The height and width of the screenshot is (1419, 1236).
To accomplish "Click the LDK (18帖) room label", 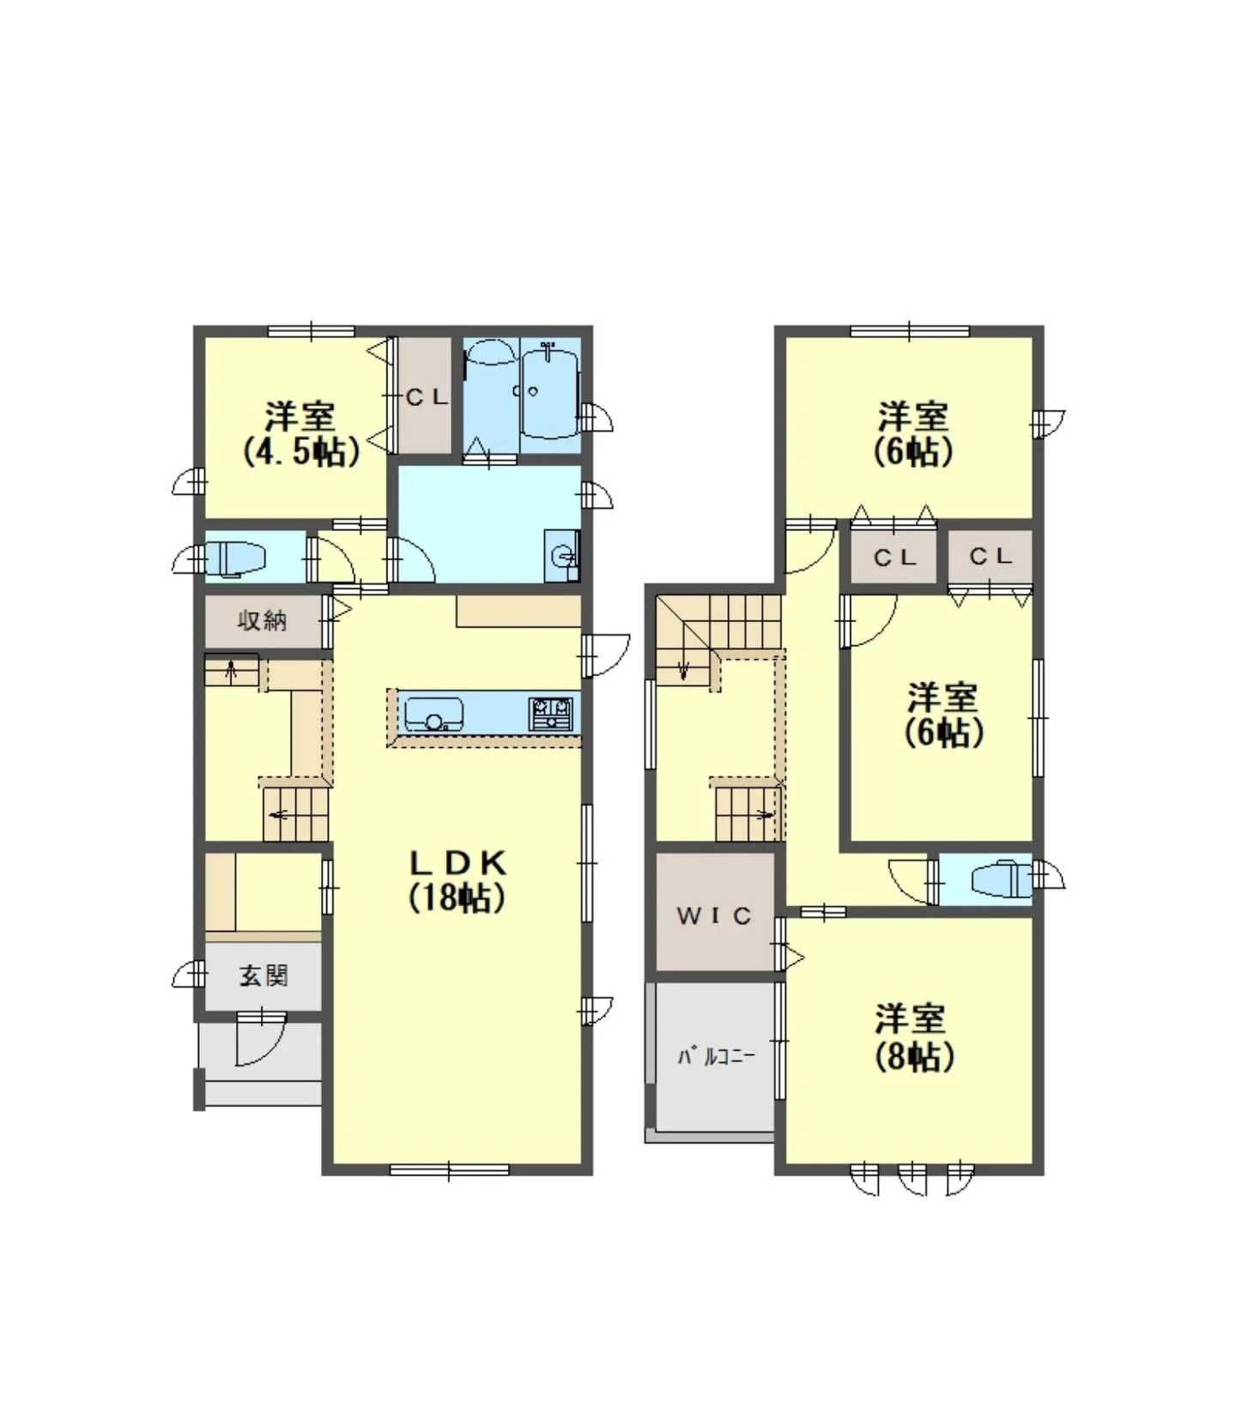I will [457, 880].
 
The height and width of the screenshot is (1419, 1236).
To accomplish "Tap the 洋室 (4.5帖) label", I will [300, 434].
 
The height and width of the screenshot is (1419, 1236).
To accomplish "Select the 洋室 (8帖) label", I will [912, 1037].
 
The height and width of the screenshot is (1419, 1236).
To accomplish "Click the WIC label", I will [714, 915].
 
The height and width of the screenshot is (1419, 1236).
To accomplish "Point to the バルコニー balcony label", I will [716, 1056].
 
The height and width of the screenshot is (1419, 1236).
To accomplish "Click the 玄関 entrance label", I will [263, 975].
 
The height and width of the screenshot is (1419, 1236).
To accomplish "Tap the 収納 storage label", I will [262, 620].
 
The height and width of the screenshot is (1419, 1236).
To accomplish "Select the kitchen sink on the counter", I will [433, 714].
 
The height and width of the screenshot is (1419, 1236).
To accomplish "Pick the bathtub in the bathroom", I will [549, 391].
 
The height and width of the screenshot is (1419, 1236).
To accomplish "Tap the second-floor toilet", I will [1001, 879].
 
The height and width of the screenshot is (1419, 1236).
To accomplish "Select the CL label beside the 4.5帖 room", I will [427, 397].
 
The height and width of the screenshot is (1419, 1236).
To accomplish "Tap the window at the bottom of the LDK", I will [449, 1168].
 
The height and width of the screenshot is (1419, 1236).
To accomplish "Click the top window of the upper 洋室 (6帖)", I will [910, 330].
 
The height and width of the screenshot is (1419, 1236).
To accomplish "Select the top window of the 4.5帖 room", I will [311, 330].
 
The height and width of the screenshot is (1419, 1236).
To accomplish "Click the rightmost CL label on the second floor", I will [991, 556].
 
